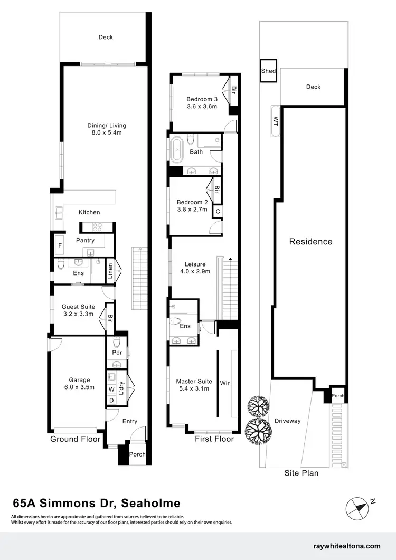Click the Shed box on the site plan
(269, 71)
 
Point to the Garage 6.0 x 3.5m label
(79, 383)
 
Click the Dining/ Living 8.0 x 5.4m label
(107, 129)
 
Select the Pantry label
(86, 241)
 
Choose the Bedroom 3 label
(202, 102)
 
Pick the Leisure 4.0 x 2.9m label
(195, 268)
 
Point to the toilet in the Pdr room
(117, 341)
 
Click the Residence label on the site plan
(310, 242)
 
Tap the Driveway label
(287, 421)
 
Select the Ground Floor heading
(75, 439)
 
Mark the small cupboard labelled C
(216, 212)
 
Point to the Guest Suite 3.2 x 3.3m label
(77, 310)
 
